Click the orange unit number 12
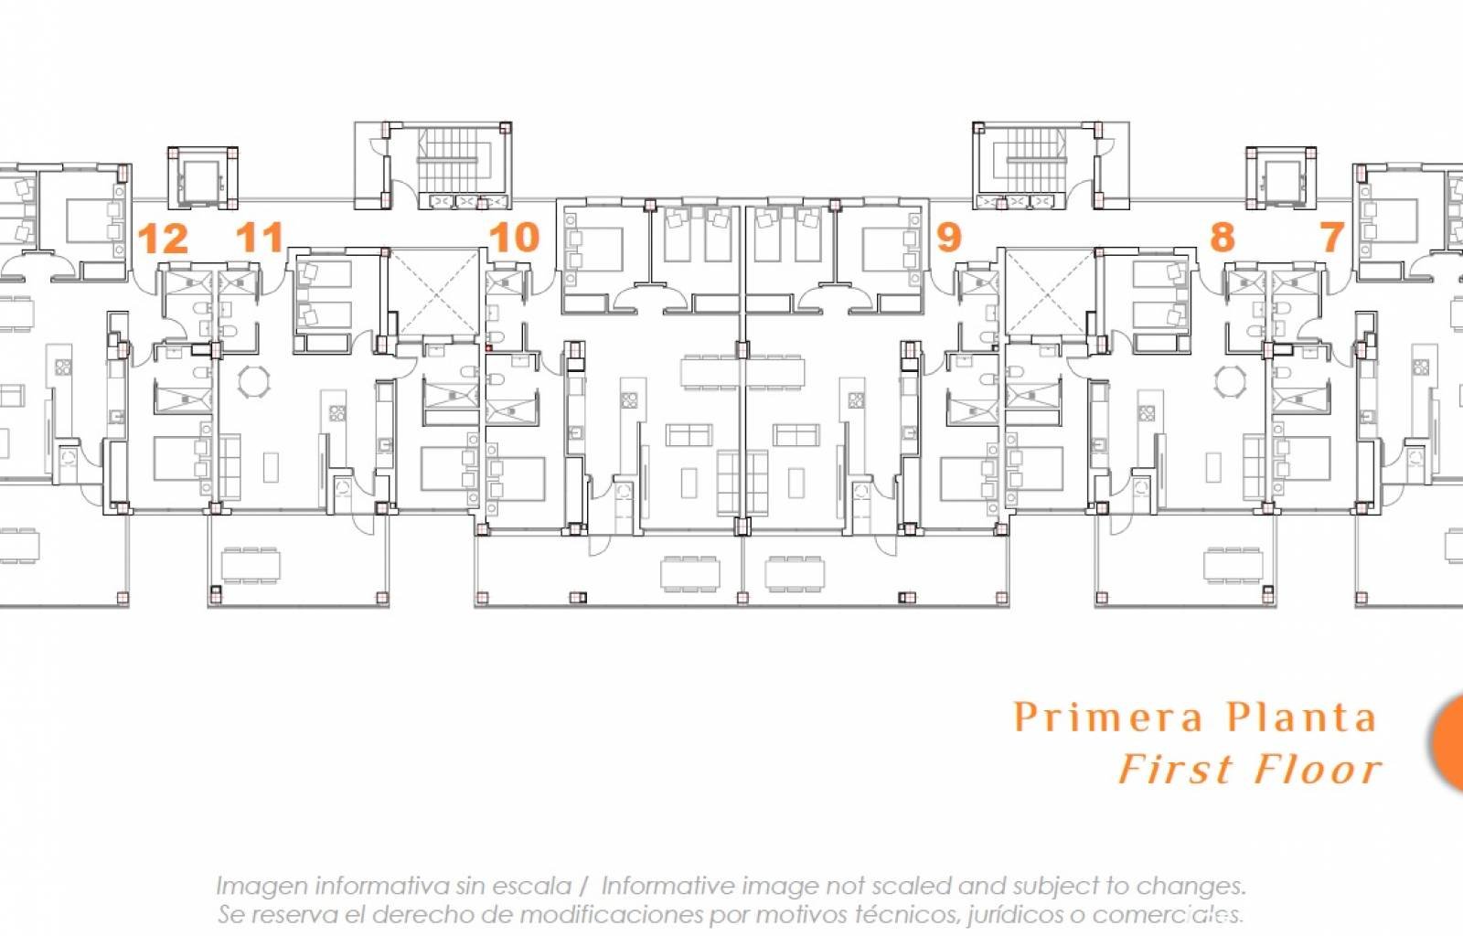click(x=163, y=239)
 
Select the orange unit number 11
click(x=260, y=238)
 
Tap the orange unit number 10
click(x=514, y=238)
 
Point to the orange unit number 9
click(x=949, y=237)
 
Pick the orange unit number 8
click(x=1222, y=237)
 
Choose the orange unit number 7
click(x=1331, y=237)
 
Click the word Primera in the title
click(x=1107, y=718)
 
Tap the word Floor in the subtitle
click(x=1318, y=769)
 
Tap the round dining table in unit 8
click(x=1231, y=381)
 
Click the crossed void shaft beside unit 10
click(x=434, y=292)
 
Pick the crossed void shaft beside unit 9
click(x=1050, y=292)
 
